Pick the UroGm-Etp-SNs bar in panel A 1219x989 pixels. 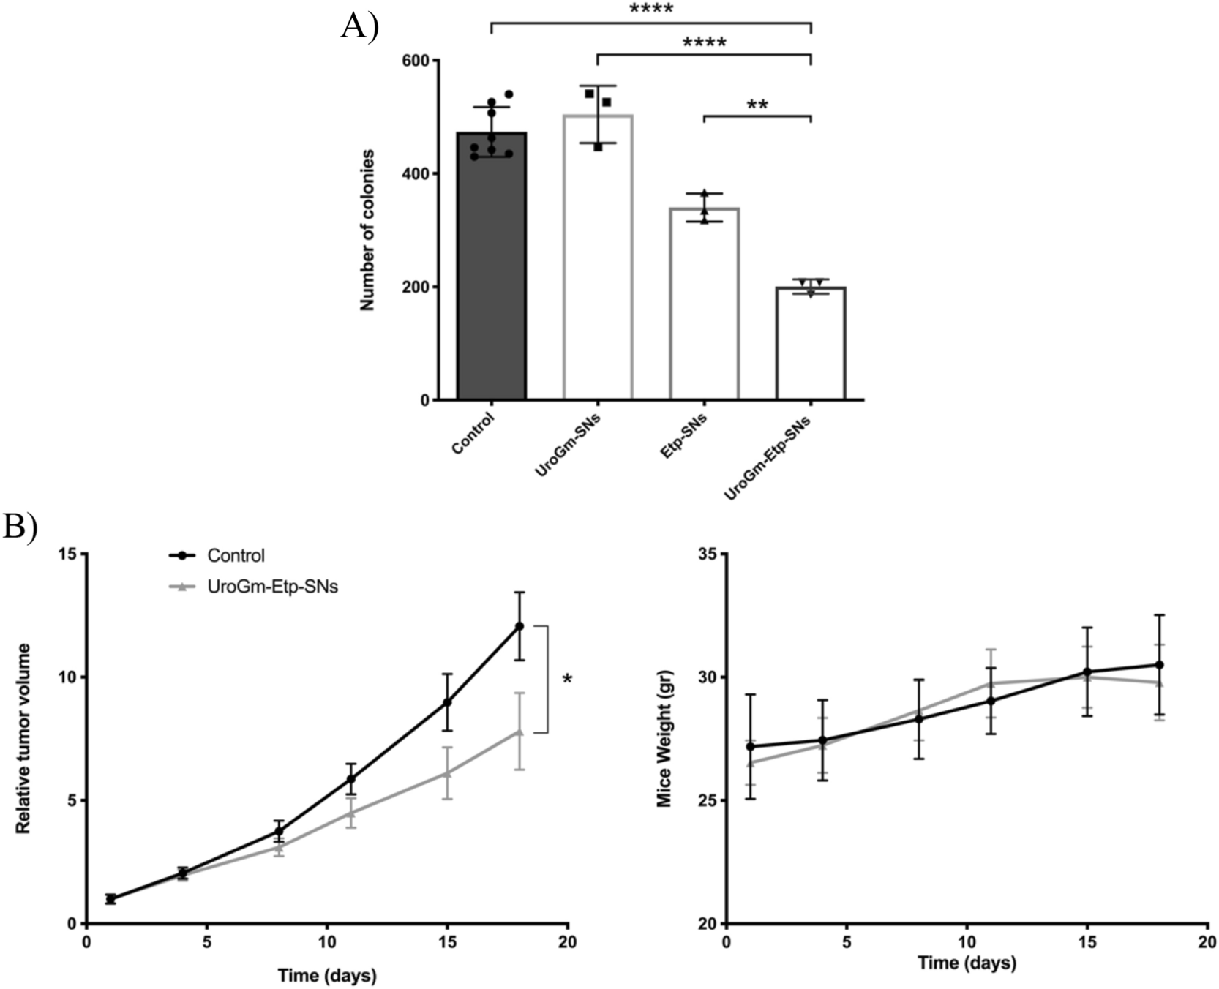click(x=811, y=344)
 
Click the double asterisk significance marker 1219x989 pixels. click(x=757, y=105)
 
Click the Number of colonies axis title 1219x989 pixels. click(x=368, y=230)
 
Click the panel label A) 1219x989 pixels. click(x=359, y=27)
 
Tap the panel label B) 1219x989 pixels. click(x=20, y=524)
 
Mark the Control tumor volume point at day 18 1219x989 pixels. click(x=520, y=626)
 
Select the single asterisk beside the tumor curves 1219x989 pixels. click(x=567, y=680)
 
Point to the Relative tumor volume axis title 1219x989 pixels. click(x=23, y=738)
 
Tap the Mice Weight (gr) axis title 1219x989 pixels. click(x=664, y=738)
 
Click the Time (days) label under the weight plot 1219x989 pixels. click(x=967, y=963)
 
